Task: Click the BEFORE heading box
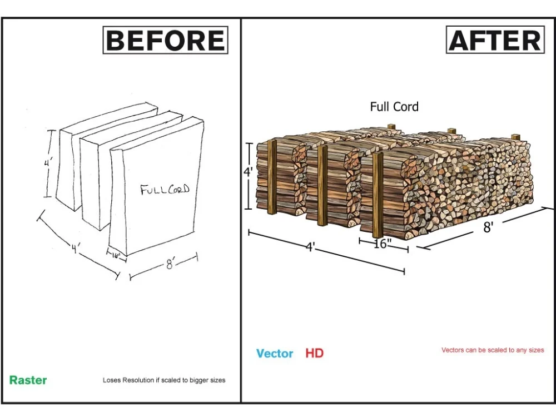(165, 40)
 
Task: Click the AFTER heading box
(495, 39)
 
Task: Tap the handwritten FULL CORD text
(165, 190)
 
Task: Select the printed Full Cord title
(394, 106)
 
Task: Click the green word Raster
(28, 380)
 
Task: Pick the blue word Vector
(275, 353)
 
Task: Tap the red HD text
(315, 353)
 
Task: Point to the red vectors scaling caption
(493, 350)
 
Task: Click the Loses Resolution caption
(164, 380)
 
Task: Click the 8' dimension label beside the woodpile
(488, 227)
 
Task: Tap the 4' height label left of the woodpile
(248, 172)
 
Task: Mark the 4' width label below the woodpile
(310, 247)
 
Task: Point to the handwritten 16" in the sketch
(116, 255)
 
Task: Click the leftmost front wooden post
(272, 177)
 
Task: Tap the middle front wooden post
(322, 186)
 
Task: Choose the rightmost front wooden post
(378, 195)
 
